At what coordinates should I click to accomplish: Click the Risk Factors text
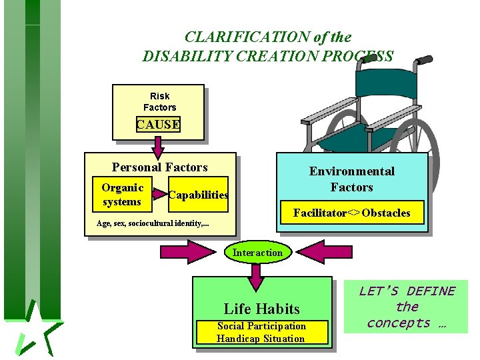[160, 101]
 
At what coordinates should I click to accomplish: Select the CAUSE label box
[158, 124]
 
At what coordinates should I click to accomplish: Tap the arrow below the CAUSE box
[159, 144]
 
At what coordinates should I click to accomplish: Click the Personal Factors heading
[160, 167]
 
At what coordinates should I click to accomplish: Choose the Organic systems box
[122, 194]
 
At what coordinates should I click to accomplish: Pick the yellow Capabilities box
[198, 195]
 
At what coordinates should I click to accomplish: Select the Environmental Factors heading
[351, 179]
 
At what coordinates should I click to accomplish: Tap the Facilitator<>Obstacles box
[352, 213]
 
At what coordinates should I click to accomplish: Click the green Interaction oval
[257, 252]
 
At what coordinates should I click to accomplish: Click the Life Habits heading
[261, 309]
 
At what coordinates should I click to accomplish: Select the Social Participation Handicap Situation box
[261, 332]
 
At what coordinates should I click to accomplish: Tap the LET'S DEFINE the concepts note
[407, 307]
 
